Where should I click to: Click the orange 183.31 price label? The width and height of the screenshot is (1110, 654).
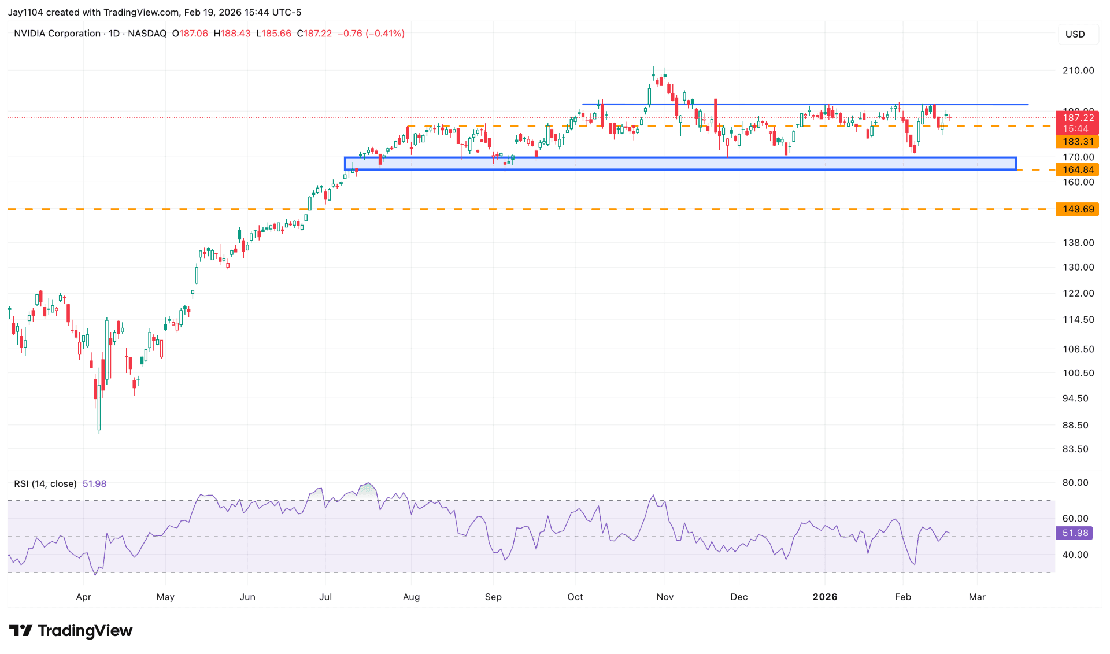1078,142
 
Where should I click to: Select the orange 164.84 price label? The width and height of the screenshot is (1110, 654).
1078,170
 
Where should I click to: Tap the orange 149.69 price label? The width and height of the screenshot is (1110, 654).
1078,209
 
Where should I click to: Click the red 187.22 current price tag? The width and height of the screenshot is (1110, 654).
1078,118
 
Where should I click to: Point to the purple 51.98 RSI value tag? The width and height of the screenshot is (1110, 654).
1075,533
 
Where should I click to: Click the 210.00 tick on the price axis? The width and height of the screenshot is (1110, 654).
1078,71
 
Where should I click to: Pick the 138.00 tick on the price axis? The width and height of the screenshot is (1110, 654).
1078,243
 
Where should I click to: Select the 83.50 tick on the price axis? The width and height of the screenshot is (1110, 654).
1075,449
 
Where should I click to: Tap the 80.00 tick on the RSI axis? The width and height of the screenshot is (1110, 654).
1075,483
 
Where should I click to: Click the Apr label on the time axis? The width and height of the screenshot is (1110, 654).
84,597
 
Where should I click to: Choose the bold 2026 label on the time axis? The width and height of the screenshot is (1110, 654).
825,597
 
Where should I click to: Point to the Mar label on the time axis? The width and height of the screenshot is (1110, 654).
977,597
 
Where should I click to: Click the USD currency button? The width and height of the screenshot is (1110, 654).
1075,34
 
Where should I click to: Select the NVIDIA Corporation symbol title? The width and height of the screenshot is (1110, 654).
57,34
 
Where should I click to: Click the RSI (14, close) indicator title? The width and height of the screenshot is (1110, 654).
45,484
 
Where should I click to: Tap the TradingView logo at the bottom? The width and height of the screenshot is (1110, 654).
71,631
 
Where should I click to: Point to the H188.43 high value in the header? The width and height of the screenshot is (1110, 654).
232,34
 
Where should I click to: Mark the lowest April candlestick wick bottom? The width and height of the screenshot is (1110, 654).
99,432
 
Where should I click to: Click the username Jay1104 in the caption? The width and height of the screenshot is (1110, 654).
25,12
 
